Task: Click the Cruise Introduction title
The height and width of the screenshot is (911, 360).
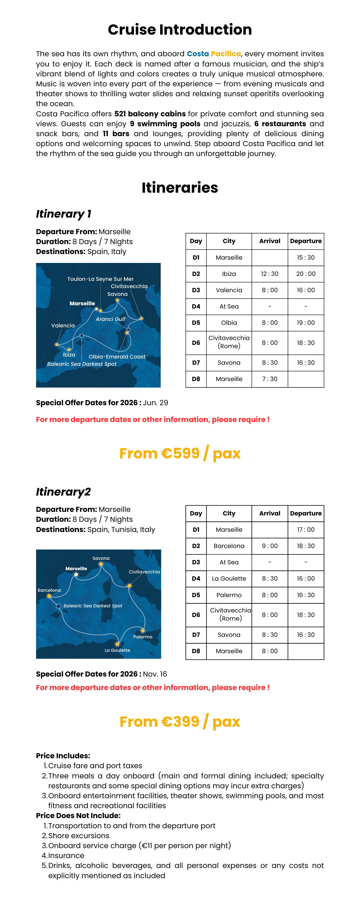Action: pyautogui.click(x=180, y=30)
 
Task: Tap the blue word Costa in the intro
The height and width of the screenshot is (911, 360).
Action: pyautogui.click(x=198, y=54)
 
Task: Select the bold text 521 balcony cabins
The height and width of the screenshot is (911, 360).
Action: pyautogui.click(x=150, y=114)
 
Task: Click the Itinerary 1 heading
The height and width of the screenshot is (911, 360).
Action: pyautogui.click(x=64, y=214)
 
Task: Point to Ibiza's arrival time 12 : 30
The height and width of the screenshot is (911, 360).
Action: pyautogui.click(x=269, y=274)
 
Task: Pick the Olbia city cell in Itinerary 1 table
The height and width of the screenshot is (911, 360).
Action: pyautogui.click(x=229, y=323)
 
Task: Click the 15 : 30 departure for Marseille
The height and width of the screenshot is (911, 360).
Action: pyautogui.click(x=306, y=257)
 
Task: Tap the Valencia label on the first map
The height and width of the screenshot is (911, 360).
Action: pyautogui.click(x=63, y=325)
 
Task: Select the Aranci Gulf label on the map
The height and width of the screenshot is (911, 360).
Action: pyautogui.click(x=110, y=319)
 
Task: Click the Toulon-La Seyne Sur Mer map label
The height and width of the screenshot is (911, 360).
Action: pyautogui.click(x=100, y=279)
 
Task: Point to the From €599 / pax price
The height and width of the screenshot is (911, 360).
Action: pyautogui.click(x=180, y=453)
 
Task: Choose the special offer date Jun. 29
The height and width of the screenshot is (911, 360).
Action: pyautogui.click(x=156, y=403)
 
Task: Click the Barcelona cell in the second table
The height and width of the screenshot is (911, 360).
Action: pyautogui.click(x=229, y=546)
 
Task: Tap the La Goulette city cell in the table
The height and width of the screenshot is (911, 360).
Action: pyautogui.click(x=229, y=578)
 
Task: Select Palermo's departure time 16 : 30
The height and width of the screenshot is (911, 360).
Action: pyautogui.click(x=306, y=595)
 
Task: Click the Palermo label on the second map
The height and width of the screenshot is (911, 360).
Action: pyautogui.click(x=143, y=637)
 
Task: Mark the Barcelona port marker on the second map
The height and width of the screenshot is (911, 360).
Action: pyautogui.click(x=49, y=596)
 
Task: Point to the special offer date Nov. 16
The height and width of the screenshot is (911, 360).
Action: pyautogui.click(x=155, y=674)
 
